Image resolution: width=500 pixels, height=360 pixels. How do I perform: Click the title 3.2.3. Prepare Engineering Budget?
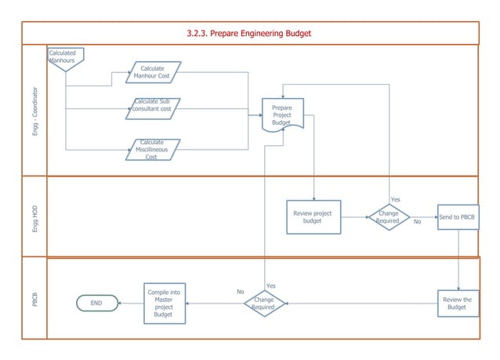(x=248, y=33)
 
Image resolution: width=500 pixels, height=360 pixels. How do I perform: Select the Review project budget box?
(x=312, y=217)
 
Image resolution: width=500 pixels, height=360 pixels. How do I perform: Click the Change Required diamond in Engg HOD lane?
(x=389, y=217)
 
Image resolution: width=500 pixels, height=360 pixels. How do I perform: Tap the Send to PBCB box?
(x=458, y=217)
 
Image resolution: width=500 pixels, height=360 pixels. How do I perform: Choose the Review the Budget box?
(x=458, y=303)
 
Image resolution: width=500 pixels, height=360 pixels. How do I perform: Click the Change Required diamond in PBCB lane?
(x=264, y=303)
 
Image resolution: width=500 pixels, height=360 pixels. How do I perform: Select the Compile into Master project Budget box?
(x=163, y=303)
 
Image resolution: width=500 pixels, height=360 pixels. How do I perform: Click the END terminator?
(x=96, y=303)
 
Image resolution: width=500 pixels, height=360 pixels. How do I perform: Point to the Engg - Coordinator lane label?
(x=34, y=111)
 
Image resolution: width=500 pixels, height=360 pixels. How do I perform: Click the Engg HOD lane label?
(x=34, y=216)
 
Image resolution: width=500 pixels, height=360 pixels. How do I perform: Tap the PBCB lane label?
(x=34, y=299)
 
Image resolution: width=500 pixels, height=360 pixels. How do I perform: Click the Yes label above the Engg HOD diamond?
(x=395, y=199)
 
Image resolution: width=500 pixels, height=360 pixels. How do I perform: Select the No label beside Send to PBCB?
(x=417, y=222)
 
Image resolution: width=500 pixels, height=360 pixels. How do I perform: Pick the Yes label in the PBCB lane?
(x=270, y=285)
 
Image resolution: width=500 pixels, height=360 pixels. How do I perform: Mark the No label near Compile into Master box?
(x=241, y=292)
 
